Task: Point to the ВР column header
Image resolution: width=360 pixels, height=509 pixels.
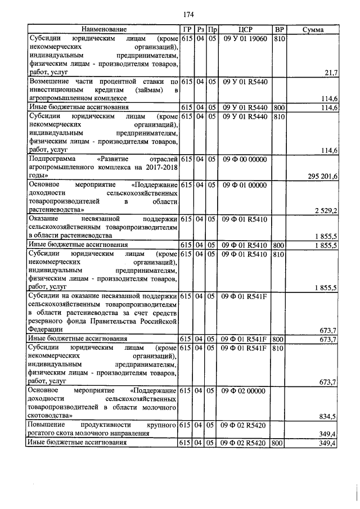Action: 278,29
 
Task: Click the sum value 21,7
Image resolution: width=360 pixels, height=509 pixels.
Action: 331,73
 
